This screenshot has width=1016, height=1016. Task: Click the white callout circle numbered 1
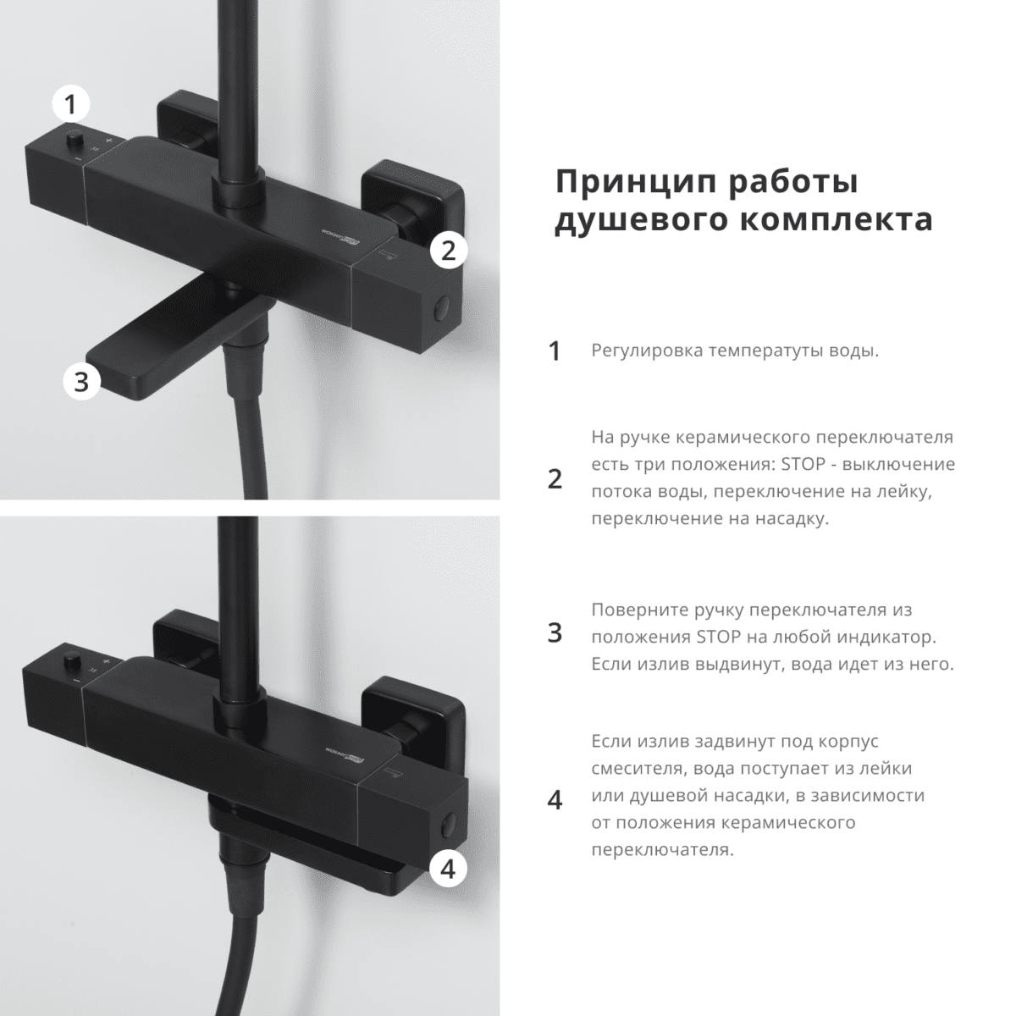click(x=70, y=105)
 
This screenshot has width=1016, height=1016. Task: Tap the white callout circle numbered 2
click(x=449, y=250)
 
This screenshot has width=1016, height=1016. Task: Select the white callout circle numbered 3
click(x=81, y=382)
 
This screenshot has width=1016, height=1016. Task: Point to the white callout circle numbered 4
click(x=449, y=867)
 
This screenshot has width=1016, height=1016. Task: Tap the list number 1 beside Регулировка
click(x=555, y=351)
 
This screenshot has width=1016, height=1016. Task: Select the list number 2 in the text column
click(x=555, y=479)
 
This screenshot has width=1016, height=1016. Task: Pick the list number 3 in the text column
click(x=555, y=633)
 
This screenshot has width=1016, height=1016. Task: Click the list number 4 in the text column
click(x=555, y=799)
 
